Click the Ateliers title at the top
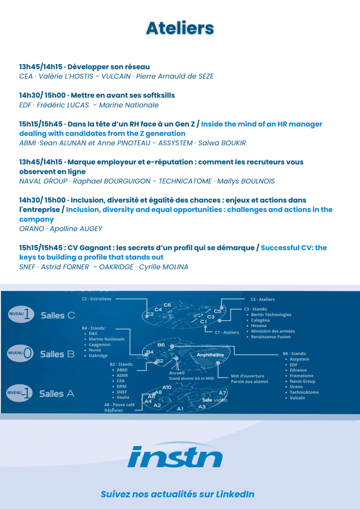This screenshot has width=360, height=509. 180,28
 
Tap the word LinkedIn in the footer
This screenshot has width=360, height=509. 235,494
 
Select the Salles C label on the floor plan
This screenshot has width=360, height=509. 58,315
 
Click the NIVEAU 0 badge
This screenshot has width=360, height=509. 20,353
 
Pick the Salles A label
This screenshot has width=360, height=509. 57,393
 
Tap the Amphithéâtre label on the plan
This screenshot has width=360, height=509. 210,355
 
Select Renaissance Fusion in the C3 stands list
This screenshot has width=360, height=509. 270,337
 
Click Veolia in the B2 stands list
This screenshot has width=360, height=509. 123,397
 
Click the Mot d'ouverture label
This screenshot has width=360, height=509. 247,376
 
